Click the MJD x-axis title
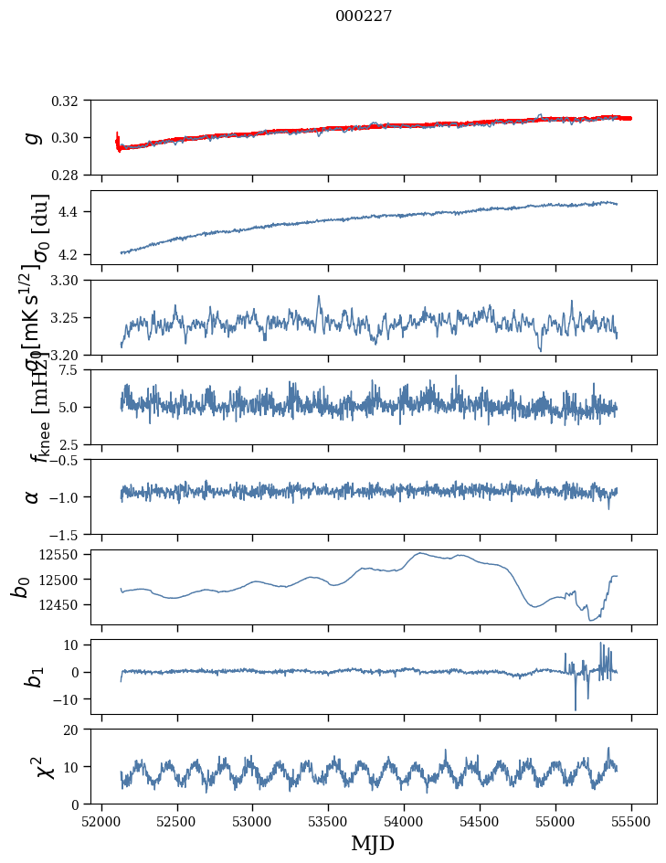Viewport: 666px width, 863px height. click(x=373, y=844)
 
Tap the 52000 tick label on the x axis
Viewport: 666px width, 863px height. click(x=101, y=821)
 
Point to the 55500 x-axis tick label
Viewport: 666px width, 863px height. click(x=631, y=821)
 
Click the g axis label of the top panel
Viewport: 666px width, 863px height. click(x=34, y=137)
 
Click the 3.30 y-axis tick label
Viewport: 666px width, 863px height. click(x=68, y=281)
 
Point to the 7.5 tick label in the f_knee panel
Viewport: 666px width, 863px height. click(x=72, y=370)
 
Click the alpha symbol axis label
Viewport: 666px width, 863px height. click(x=33, y=496)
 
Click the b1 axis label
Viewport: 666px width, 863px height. click(x=33, y=677)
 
